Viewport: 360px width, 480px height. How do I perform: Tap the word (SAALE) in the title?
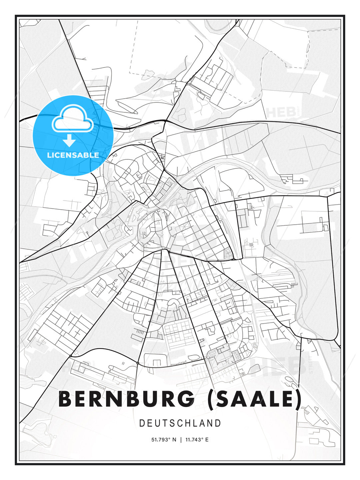254,399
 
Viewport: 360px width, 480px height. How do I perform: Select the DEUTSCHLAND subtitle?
180,423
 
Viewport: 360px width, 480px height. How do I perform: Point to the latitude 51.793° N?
164,440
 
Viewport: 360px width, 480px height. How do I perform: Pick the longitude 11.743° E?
197,440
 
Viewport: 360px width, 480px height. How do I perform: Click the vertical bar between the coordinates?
180,440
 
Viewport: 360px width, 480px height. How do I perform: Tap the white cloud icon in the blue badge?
72,119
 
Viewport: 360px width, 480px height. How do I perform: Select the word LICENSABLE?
73,155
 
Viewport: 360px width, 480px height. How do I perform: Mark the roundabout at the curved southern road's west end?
71,356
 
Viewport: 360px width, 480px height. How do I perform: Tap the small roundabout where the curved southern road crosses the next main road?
137,363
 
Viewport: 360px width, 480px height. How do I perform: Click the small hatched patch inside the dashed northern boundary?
146,72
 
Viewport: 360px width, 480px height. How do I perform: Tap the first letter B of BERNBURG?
65,399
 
